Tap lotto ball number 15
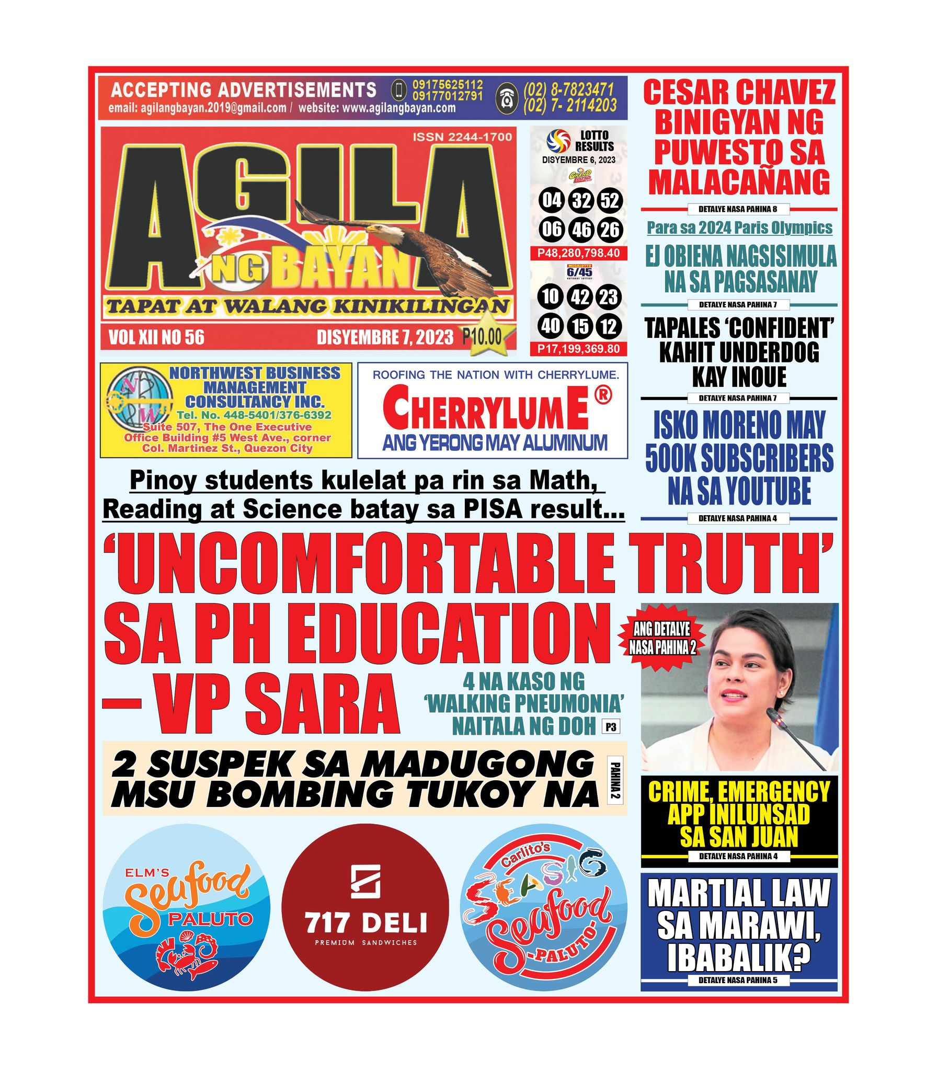tap(580, 327)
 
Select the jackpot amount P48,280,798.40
tap(578, 253)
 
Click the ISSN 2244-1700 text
tap(462, 137)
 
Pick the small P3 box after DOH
tap(610, 726)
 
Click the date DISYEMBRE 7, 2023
tap(385, 337)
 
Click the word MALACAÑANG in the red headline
tap(739, 182)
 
